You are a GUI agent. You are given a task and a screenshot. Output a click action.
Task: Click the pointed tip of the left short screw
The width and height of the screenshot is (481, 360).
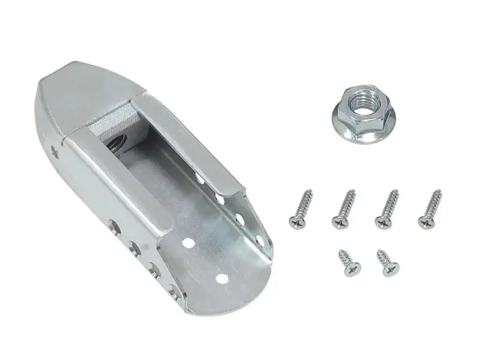(x=340, y=251)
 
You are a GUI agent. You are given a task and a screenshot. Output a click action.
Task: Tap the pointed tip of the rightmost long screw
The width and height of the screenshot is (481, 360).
(x=438, y=192)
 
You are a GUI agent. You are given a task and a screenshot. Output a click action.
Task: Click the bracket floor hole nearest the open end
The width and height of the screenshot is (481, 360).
(x=222, y=278)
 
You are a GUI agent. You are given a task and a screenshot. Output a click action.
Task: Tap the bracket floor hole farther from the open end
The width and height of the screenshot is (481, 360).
(x=188, y=243)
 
